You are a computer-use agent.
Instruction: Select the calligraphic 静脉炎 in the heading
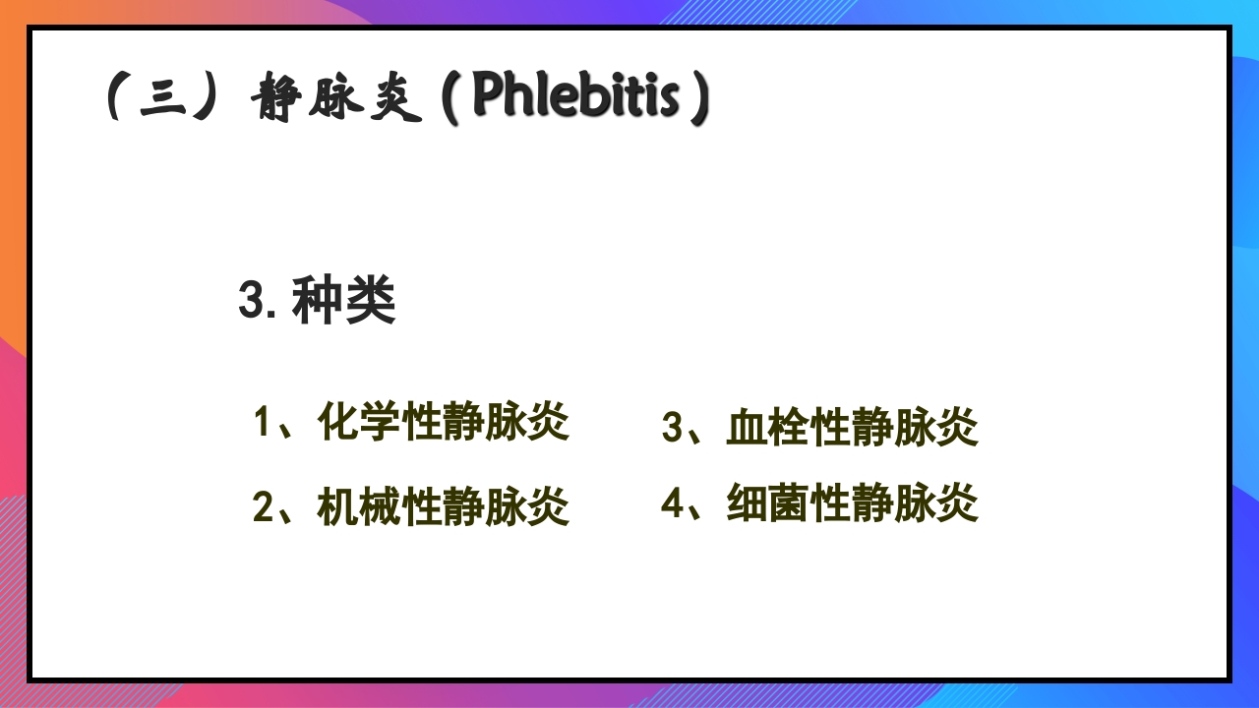point(336,100)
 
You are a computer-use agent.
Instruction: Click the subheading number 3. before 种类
point(258,301)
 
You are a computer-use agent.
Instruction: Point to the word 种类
point(344,301)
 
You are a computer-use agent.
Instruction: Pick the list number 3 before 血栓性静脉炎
point(672,428)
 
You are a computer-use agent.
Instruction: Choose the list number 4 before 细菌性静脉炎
point(672,504)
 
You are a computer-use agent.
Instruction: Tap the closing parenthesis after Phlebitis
point(698,98)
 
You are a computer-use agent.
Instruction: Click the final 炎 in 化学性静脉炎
point(549,423)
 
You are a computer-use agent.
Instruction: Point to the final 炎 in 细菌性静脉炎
point(958,504)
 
